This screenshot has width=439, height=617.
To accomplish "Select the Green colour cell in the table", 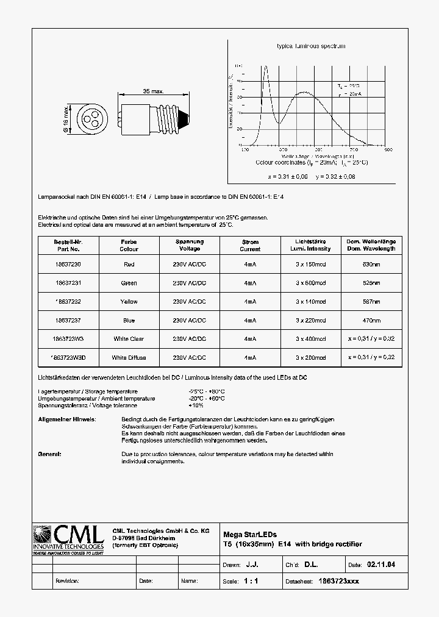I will tap(129, 283).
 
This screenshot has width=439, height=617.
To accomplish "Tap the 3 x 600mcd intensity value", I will tap(311, 283).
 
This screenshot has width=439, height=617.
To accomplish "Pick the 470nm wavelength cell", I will tap(371, 320).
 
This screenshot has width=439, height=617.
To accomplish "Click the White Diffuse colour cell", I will tap(129, 357).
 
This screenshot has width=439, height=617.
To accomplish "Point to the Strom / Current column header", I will tap(250, 245).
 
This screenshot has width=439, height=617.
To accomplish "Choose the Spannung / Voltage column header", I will tap(190, 245).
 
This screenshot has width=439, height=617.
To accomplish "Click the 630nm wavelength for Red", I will tap(371, 265).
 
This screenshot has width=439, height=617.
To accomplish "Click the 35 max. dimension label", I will tap(153, 91).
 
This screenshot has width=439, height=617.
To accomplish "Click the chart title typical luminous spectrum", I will tap(311, 46).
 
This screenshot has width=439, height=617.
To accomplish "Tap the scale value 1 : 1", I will tap(251, 581).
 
